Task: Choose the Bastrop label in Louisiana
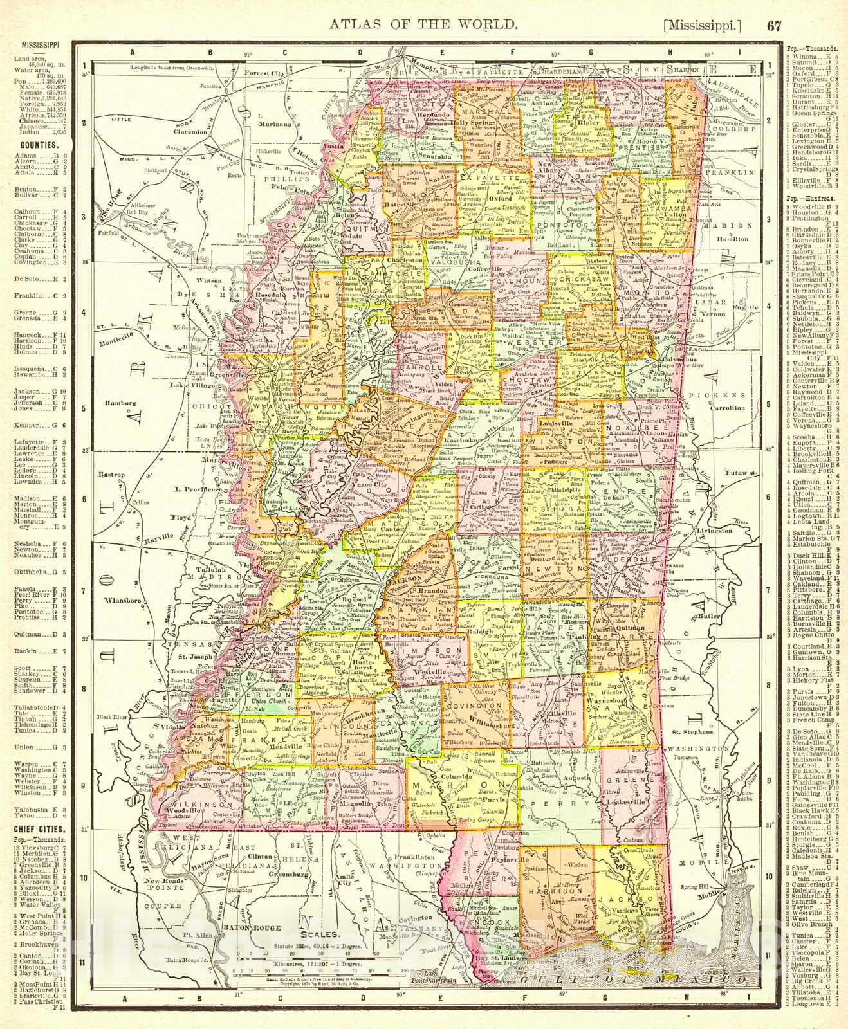[x=111, y=474]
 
